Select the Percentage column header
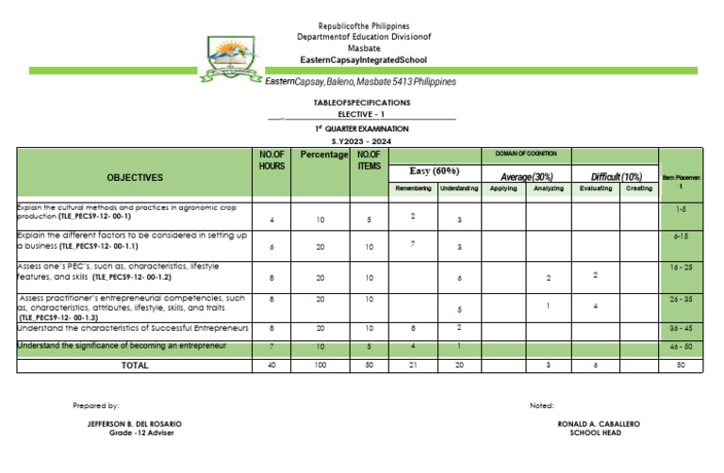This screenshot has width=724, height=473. [323, 155]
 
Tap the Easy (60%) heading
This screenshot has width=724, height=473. [434, 171]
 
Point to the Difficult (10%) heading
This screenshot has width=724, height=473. [617, 176]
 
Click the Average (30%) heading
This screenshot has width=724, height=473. [527, 176]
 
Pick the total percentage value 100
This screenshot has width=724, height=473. [321, 365]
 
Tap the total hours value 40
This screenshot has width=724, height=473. [271, 365]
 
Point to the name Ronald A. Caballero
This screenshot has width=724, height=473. [599, 424]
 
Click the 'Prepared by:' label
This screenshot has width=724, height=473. [96, 405]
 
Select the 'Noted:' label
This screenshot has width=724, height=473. [541, 405]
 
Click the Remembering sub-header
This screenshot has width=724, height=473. [413, 189]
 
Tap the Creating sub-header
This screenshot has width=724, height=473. [638, 189]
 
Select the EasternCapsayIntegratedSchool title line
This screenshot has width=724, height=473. [362, 59]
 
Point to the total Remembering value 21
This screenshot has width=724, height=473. [413, 365]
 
